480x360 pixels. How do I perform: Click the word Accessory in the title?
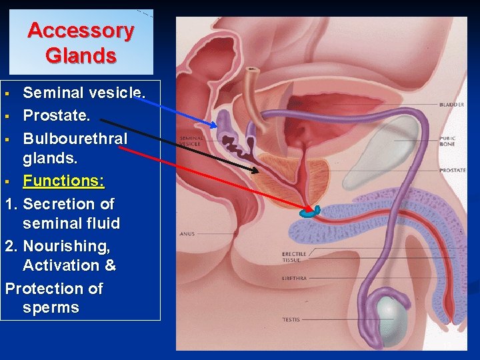(81, 31)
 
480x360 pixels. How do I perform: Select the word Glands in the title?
(81, 55)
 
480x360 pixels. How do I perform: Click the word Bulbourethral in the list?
(75, 138)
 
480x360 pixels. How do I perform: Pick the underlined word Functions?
(63, 180)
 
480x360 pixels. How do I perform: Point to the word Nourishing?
(66, 246)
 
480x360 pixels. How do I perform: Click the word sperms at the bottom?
(51, 307)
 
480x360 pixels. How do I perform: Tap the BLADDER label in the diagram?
(451, 105)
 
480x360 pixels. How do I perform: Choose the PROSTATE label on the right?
(452, 171)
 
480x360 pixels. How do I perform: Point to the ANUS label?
(187, 234)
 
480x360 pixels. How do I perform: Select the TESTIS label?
(291, 320)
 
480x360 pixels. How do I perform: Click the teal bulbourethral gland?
(309, 213)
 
